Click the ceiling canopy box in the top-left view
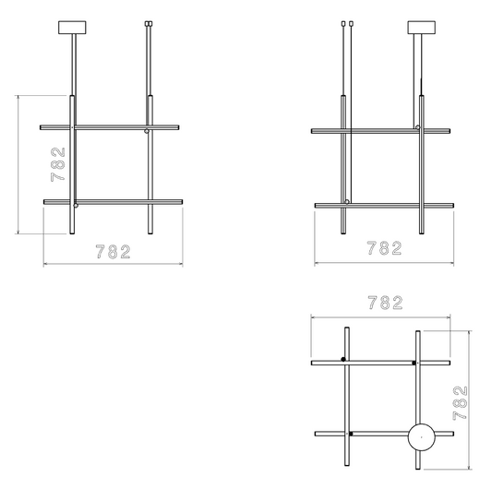72,28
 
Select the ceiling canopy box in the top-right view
422,28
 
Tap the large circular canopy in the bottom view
422,436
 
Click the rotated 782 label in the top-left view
58,164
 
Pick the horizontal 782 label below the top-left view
113,252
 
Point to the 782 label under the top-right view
384,248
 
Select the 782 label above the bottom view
385,303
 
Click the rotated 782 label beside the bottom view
460,403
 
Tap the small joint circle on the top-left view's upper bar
147,131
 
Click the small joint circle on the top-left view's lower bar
76,206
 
